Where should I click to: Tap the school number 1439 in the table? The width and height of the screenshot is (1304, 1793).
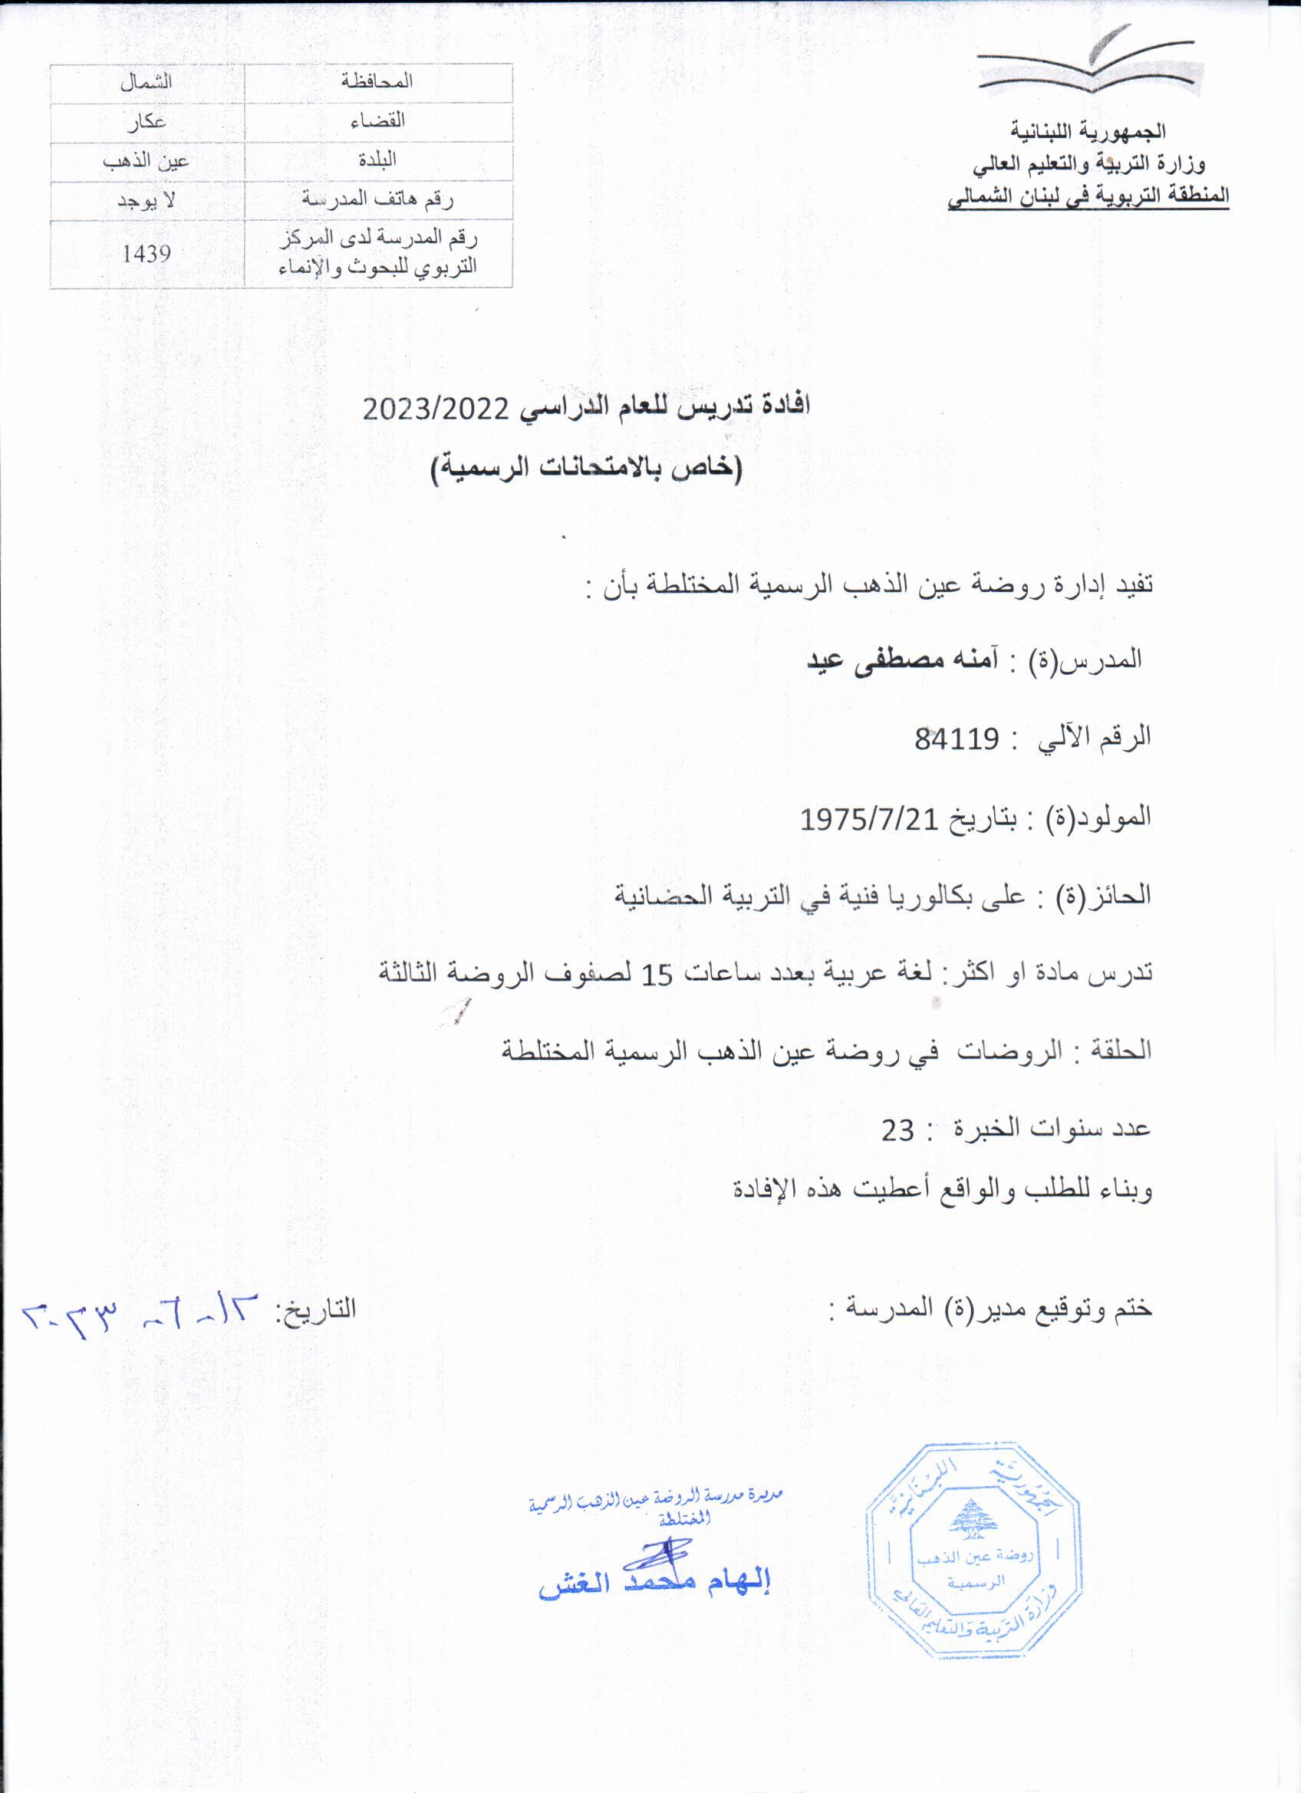[147, 254]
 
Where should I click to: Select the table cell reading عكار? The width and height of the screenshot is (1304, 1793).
[147, 121]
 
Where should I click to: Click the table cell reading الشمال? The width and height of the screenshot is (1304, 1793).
[147, 82]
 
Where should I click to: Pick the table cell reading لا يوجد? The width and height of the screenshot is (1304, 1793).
[147, 200]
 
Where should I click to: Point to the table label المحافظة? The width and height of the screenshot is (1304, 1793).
[378, 82]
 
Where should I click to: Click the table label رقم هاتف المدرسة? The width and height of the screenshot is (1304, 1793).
[378, 200]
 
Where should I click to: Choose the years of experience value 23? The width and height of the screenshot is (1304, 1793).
[898, 1130]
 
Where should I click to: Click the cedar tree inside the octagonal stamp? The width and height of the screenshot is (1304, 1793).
[973, 1518]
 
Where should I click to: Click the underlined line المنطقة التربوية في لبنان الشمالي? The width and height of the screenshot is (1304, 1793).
[1089, 196]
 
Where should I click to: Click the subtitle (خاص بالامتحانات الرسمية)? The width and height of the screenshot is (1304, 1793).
[586, 471]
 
